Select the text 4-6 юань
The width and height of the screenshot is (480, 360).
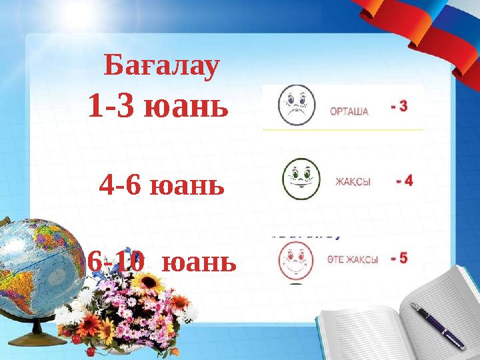[x=161, y=184]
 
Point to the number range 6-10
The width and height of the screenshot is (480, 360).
[x=116, y=262]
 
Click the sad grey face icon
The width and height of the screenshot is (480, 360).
[x=295, y=105]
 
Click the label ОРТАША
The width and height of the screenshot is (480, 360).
[x=349, y=111]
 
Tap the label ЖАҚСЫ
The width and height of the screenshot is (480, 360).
[x=353, y=181]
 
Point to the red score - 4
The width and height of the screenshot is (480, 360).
[x=404, y=180]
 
